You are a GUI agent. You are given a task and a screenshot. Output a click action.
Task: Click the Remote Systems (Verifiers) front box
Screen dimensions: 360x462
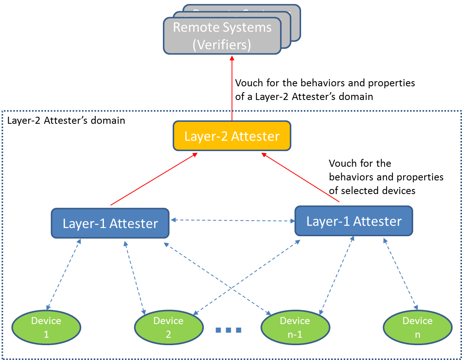point(222,36)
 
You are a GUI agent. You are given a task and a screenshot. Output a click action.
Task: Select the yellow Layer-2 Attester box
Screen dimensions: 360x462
point(232,136)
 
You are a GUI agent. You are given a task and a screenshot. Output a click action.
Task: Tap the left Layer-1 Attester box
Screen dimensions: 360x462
point(110,223)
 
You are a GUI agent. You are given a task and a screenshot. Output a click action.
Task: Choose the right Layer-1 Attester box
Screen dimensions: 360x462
point(353,221)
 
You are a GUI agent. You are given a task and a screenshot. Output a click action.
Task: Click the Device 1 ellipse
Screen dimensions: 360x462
point(46,328)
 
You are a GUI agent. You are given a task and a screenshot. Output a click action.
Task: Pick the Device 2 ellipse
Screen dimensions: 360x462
point(168,328)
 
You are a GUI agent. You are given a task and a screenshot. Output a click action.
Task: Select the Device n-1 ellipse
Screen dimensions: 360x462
point(295,328)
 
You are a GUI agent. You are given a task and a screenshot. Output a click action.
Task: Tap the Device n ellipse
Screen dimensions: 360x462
point(417,328)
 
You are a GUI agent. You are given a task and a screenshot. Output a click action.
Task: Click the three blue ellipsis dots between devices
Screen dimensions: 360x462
point(228,330)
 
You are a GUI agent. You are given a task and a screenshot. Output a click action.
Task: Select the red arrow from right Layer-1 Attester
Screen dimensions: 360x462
point(301,178)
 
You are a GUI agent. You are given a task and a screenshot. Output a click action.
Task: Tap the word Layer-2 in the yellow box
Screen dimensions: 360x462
point(206,136)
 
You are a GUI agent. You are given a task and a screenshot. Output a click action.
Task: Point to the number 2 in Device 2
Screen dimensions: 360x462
point(168,335)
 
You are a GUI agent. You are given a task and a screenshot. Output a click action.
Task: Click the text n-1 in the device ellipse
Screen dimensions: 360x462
point(295,335)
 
